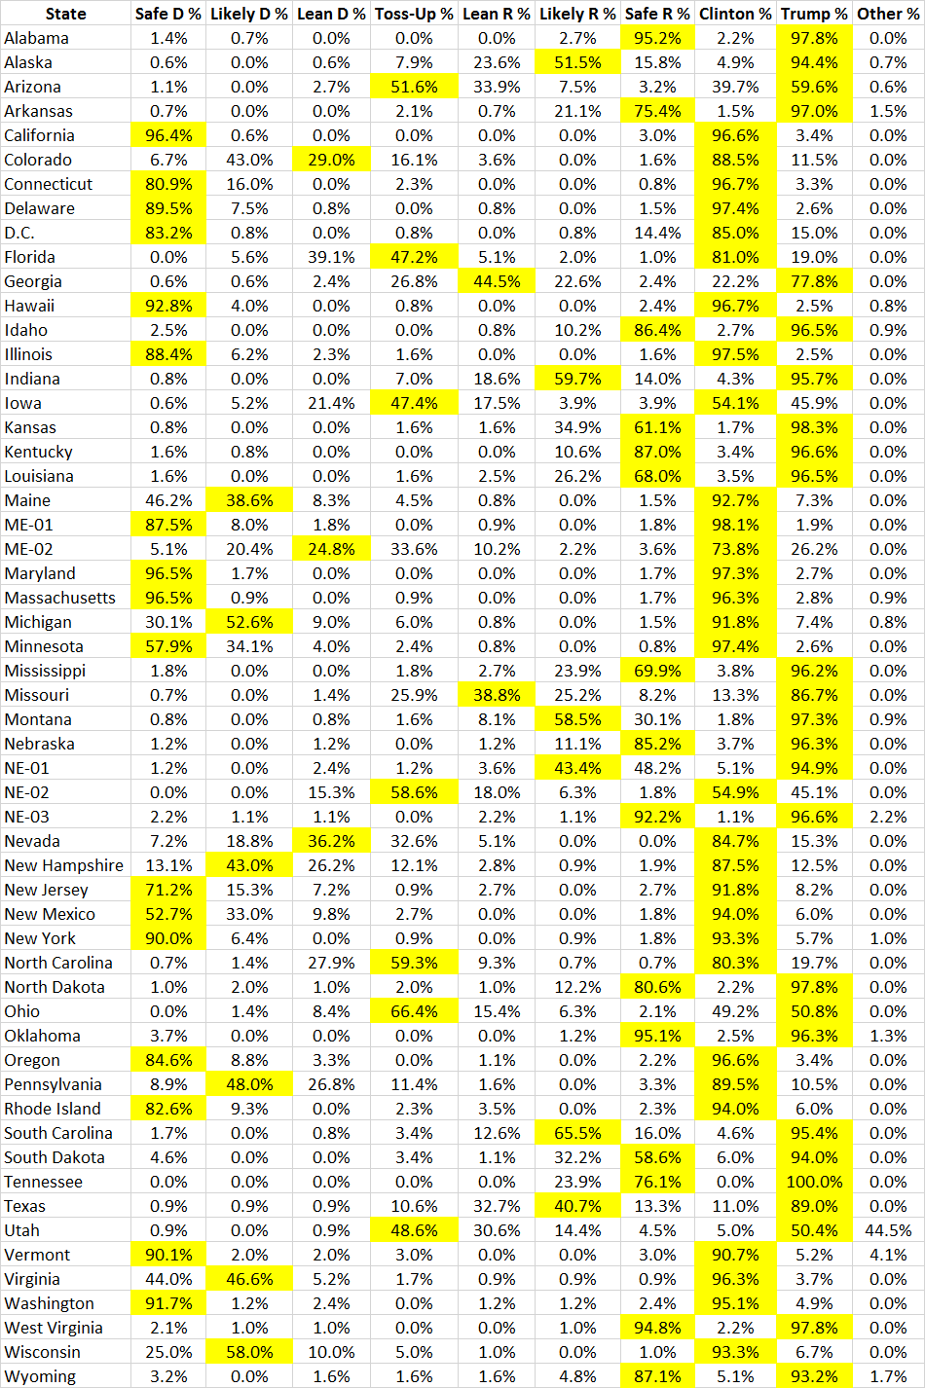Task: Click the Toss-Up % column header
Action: [x=414, y=14]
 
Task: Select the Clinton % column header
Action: [x=735, y=14]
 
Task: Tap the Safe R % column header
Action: [x=657, y=14]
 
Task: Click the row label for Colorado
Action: [x=38, y=160]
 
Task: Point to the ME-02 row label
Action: [x=28, y=549]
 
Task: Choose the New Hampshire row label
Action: [x=64, y=865]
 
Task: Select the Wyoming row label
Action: [x=40, y=1376]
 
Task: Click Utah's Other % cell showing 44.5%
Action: [x=888, y=1230]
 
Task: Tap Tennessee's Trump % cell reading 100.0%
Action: [x=814, y=1182]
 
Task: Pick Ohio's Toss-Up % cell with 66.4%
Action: [x=414, y=1011]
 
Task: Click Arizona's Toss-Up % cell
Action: [x=414, y=87]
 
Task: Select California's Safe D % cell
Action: [x=168, y=135]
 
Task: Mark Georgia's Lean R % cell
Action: [x=497, y=281]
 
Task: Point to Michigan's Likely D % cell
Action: [x=249, y=622]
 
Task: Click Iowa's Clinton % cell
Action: [x=735, y=403]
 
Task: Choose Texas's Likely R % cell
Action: [x=577, y=1206]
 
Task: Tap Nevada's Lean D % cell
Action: [x=331, y=841]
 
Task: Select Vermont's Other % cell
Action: [x=888, y=1255]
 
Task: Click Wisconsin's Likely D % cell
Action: [x=249, y=1352]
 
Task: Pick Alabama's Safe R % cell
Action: [x=657, y=38]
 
